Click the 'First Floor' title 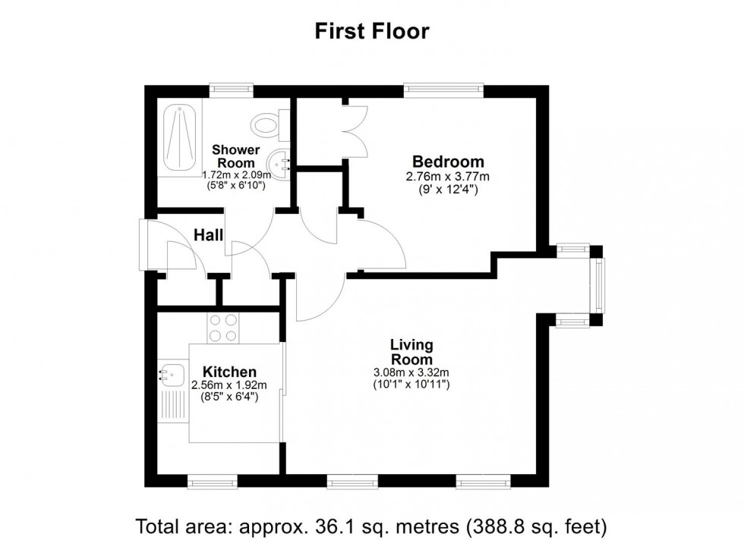coord(372,31)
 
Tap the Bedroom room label coord(448,162)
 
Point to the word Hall coord(208,236)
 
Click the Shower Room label coord(235,156)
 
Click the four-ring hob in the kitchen coord(223,328)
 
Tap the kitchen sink coord(172,373)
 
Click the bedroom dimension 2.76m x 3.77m coord(448,177)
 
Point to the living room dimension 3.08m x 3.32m coord(411,372)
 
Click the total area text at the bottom coord(372,524)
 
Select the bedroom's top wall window coord(444,89)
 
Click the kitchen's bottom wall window coord(210,481)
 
